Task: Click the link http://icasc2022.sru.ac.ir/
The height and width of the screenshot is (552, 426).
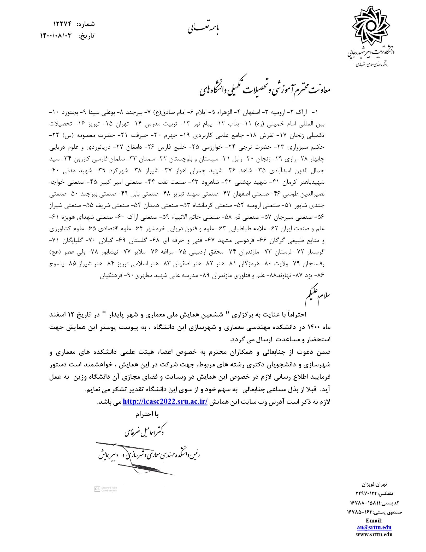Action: point(165,401)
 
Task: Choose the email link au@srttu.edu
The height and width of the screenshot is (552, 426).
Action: point(374,527)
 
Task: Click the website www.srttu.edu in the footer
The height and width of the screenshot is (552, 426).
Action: point(374,534)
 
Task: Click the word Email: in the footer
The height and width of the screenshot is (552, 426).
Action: point(374,520)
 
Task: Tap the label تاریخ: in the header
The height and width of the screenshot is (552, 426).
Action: point(86,36)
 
